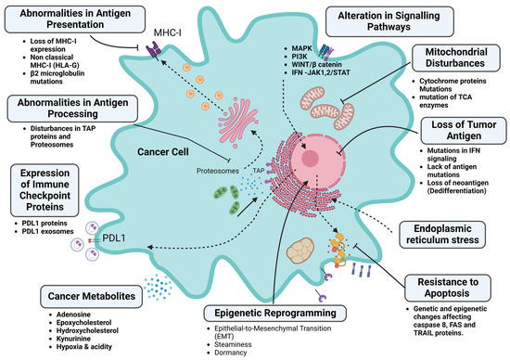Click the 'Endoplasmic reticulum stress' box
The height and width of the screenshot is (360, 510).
449,232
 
